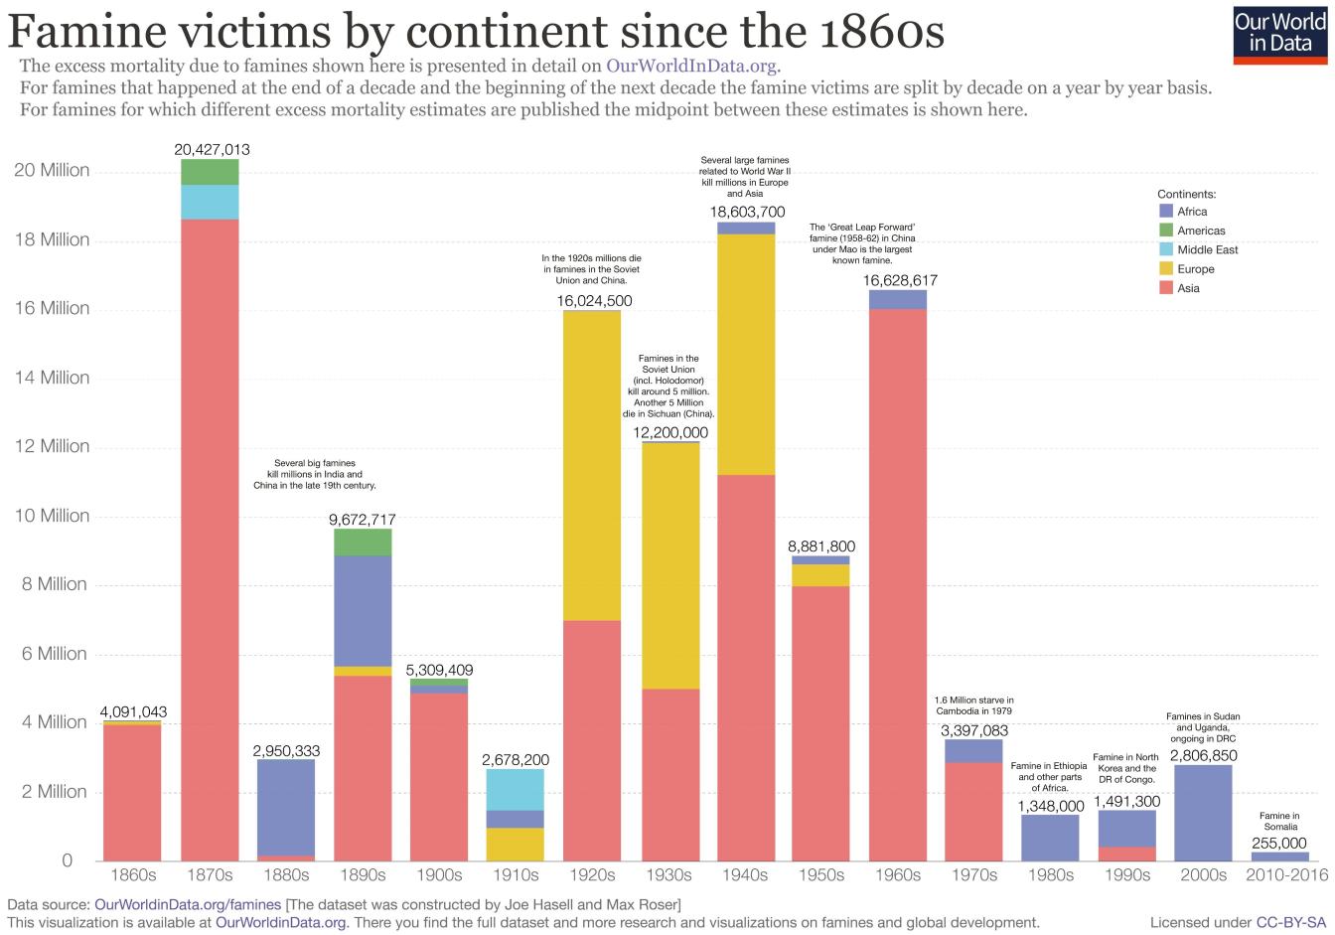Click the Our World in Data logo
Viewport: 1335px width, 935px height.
1286,33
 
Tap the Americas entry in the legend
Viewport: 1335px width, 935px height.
1201,231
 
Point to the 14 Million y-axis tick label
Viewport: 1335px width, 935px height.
52,378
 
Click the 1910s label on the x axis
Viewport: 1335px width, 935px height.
516,875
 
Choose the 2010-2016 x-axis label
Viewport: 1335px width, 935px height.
1287,875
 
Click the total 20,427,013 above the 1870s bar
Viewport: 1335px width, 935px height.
212,150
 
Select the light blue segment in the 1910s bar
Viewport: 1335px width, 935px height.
516,790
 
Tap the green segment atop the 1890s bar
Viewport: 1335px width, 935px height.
363,543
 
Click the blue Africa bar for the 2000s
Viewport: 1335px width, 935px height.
1203,813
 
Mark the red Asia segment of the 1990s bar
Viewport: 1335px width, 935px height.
1126,854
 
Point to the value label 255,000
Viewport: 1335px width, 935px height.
1279,844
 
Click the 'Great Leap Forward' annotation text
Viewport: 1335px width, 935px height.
862,243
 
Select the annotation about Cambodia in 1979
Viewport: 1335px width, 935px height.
974,706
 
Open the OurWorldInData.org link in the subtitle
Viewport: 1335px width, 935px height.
691,67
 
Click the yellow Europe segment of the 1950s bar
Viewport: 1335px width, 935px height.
820,575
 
